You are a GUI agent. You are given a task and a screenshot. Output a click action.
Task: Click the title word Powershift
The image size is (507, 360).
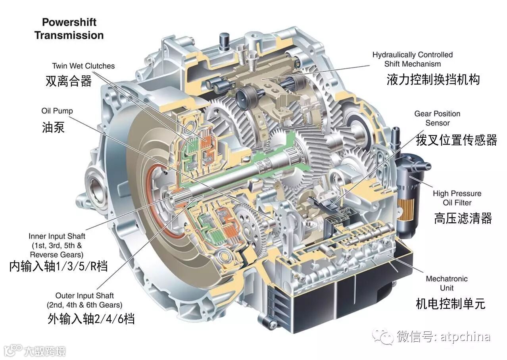coord(69,23)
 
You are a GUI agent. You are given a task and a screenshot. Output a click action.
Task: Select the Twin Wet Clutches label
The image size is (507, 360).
coord(83,66)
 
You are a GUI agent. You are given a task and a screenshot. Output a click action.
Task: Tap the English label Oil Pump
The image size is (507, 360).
coord(57,111)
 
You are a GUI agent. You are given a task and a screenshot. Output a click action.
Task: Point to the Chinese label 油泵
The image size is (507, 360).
coord(54,127)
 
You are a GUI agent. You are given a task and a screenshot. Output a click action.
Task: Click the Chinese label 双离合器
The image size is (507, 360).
coord(69,81)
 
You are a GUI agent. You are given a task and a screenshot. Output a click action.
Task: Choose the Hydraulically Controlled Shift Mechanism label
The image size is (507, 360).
coord(413,59)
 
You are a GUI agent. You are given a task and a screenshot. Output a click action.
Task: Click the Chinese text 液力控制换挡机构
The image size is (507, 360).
coord(433,79)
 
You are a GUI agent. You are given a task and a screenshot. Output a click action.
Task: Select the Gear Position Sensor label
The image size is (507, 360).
coord(437,118)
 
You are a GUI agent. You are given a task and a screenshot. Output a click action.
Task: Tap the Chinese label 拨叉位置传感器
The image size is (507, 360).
coord(456,140)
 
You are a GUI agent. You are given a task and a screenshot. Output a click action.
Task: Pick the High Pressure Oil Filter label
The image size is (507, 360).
coord(457,198)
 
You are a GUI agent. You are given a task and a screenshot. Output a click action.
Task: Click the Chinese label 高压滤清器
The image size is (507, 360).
coord(463,218)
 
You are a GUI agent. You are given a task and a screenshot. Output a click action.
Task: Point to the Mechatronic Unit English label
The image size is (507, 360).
coord(447,283)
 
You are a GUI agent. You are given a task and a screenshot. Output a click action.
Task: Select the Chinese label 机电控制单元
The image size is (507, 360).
coord(450,304)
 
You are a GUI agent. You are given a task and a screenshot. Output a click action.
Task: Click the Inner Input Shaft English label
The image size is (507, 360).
coord(57,245)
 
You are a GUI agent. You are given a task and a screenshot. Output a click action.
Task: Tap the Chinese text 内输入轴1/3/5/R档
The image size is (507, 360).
coord(58,266)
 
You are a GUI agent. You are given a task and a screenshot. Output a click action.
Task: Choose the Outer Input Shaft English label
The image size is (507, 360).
coord(84,300)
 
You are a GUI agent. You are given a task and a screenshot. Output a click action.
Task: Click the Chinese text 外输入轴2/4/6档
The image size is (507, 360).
coord(91,319)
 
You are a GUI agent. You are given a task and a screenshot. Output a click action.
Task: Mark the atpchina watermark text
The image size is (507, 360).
coord(465,337)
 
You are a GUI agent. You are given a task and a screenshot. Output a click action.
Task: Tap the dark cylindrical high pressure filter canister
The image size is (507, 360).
coord(407,195)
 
